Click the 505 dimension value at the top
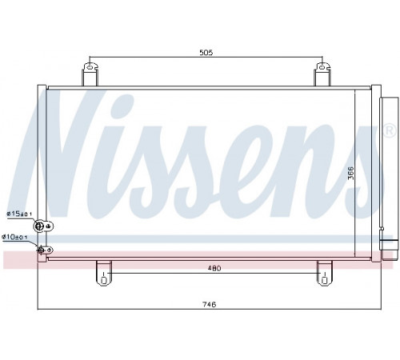coord(206,53)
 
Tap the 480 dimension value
coord(214,268)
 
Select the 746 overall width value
coord(209,304)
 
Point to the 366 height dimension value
coord(351,173)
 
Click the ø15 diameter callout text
coord(19,214)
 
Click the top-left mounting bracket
coord(90,74)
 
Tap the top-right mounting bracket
coord(322,74)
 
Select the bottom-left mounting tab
coord(104,273)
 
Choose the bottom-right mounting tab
coord(325,273)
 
